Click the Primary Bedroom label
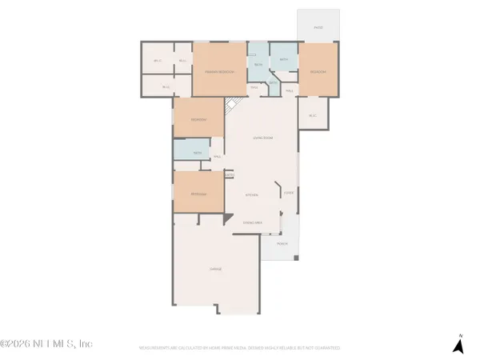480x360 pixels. click(219, 72)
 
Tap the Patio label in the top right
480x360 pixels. click(318, 27)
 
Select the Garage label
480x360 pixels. click(215, 270)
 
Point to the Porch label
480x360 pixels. click(282, 242)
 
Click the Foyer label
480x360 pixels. click(289, 193)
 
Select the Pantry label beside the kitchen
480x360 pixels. click(229, 174)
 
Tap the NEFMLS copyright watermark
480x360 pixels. click(46, 344)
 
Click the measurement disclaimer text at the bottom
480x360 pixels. click(240, 349)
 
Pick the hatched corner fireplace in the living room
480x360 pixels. click(231, 105)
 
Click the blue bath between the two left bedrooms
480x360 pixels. click(198, 154)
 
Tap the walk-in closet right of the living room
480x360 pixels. click(311, 114)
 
